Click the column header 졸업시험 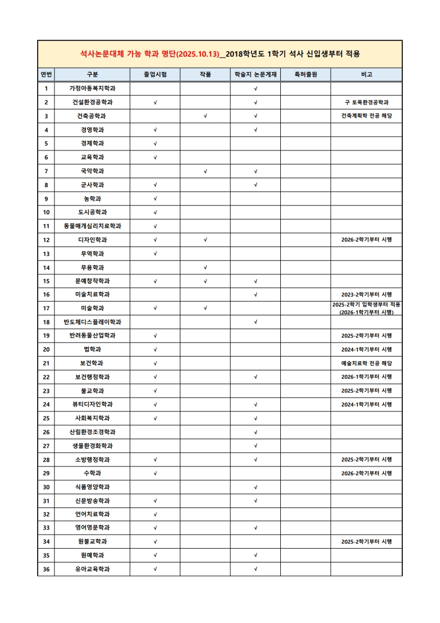point(155,74)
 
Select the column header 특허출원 point(305,74)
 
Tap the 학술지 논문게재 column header point(255,74)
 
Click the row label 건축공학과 point(92,116)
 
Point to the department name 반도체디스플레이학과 point(92,322)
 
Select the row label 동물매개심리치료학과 point(92,226)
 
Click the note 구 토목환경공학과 point(366,102)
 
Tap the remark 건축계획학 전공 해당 point(366,116)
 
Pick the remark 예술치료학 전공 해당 point(366,363)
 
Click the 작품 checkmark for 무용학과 point(205,267)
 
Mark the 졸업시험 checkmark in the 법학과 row point(155,349)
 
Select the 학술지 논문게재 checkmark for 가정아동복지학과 point(255,88)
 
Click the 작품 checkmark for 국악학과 point(205,171)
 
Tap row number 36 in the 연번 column point(46,569)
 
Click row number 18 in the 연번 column point(46,322)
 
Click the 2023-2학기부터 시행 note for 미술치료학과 point(366,294)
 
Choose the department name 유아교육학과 point(92,569)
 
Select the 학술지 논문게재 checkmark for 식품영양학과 point(255,487)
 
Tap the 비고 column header point(366,74)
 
